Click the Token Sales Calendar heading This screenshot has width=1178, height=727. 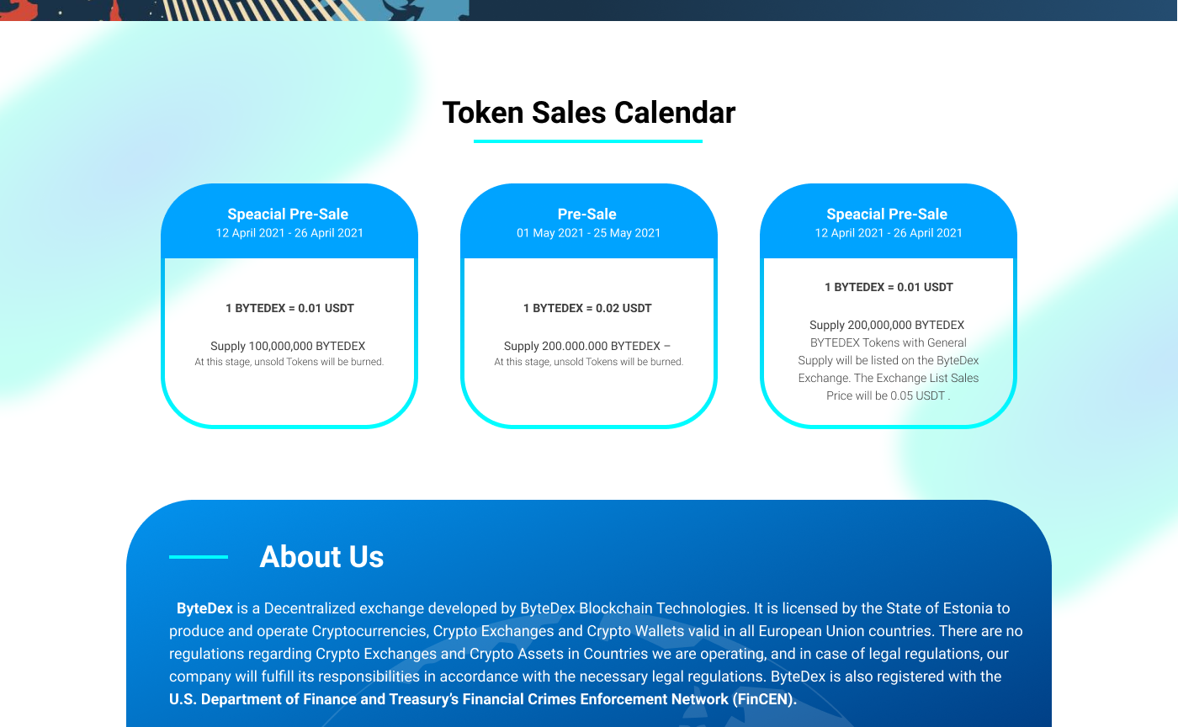click(588, 113)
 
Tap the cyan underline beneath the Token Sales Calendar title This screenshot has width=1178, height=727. click(588, 141)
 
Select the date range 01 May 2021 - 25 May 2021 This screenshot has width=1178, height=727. click(588, 233)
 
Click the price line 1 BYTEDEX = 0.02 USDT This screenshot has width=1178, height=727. click(587, 308)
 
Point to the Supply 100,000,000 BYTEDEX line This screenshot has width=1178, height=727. click(288, 346)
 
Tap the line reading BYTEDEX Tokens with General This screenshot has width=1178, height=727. click(889, 343)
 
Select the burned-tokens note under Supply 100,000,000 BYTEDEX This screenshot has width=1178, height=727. click(289, 362)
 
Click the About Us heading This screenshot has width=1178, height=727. click(321, 556)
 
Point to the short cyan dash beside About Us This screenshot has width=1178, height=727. click(199, 556)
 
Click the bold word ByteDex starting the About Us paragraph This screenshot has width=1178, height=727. click(204, 608)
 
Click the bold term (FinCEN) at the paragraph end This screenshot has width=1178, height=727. click(763, 699)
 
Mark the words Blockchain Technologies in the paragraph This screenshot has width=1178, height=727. click(663, 608)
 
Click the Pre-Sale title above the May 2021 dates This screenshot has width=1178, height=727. click(587, 214)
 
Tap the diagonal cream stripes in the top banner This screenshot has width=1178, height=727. click(263, 10)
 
